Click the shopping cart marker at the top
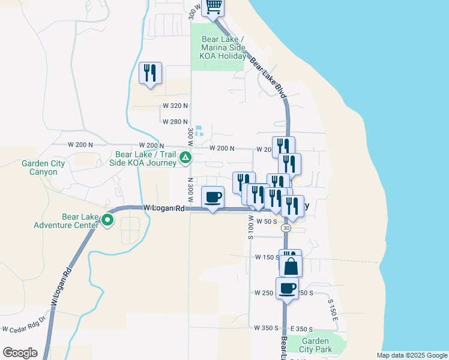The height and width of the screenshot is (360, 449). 214,7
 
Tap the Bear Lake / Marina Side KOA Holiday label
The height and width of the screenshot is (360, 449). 222,47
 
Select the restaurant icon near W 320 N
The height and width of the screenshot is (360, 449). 149,74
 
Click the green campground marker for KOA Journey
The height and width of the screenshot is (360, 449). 186,158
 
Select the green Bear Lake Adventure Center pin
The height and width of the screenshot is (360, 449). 107,220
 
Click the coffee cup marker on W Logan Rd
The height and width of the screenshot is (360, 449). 213,197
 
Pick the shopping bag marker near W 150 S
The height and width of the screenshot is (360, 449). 291,265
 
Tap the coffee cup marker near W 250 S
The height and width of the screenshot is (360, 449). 288,288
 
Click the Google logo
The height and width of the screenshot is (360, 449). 20,353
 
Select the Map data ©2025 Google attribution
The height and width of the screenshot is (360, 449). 412,355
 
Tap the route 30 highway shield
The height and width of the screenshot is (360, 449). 286,228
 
